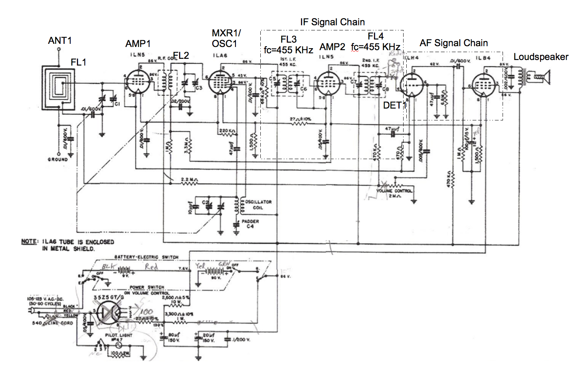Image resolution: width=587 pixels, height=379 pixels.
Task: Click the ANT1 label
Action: (x=60, y=41)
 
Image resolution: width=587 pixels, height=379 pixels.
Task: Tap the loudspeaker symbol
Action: (x=543, y=77)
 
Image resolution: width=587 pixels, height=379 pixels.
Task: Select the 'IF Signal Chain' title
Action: (x=332, y=22)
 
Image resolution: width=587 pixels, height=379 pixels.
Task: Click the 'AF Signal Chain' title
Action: (x=453, y=43)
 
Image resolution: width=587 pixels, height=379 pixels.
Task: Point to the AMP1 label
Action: (x=138, y=44)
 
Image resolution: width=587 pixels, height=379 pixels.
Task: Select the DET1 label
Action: (x=394, y=105)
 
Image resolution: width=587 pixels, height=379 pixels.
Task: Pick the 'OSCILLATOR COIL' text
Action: (x=258, y=205)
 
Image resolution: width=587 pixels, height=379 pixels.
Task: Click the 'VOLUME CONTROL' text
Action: (x=394, y=191)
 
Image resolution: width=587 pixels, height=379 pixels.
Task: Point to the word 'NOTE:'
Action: (x=30, y=242)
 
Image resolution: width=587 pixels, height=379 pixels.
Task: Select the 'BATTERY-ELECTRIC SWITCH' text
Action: (x=146, y=257)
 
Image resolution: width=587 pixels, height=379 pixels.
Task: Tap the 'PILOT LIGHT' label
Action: (x=118, y=335)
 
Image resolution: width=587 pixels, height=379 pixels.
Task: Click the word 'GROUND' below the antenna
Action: (x=58, y=159)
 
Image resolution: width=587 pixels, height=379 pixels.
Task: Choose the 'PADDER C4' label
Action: (x=250, y=224)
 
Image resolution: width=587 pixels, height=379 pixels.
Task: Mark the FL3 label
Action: (x=288, y=39)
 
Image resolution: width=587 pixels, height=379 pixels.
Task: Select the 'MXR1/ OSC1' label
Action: (x=226, y=38)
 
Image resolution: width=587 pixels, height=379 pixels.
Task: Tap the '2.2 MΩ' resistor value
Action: (x=189, y=180)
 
